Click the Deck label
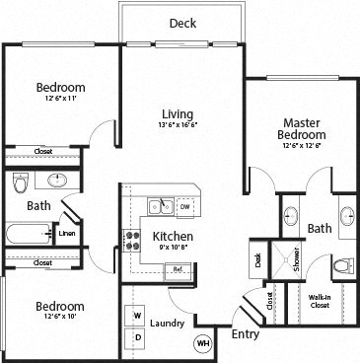(181, 24)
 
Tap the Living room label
(178, 113)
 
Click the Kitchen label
(172, 238)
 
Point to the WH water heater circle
(204, 343)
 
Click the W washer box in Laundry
(137, 316)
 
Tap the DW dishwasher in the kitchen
(184, 206)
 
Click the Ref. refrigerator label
(178, 268)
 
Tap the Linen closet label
(66, 234)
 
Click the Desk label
(258, 260)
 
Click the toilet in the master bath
(341, 264)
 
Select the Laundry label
(169, 323)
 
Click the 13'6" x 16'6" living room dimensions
(178, 126)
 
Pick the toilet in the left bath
(20, 183)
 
